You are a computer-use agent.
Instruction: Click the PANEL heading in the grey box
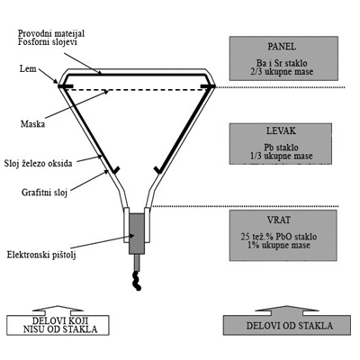click(282, 47)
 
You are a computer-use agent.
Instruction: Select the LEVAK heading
click(281, 130)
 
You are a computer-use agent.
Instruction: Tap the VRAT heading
click(279, 220)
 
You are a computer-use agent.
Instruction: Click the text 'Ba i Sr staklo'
click(282, 63)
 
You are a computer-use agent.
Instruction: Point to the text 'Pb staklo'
click(281, 148)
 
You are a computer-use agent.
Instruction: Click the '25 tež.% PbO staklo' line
click(279, 237)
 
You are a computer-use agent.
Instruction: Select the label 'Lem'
click(28, 68)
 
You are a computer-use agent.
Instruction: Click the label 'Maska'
click(32, 124)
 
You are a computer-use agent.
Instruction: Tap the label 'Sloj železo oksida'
click(38, 164)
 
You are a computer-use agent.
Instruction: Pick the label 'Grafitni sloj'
click(44, 192)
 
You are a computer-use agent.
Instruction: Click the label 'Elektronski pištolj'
click(41, 256)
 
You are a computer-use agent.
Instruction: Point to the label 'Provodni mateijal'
click(51, 33)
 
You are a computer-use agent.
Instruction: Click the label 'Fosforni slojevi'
click(48, 41)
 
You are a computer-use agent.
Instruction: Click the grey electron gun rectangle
click(137, 234)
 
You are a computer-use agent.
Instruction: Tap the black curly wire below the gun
click(137, 280)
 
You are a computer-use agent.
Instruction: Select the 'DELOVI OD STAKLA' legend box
click(287, 320)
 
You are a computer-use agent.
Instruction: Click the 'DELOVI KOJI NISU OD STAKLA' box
click(58, 320)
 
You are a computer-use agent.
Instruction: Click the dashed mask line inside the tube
click(137, 90)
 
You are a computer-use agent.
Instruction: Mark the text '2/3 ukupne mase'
click(282, 72)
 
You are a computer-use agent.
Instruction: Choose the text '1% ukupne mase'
click(279, 245)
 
